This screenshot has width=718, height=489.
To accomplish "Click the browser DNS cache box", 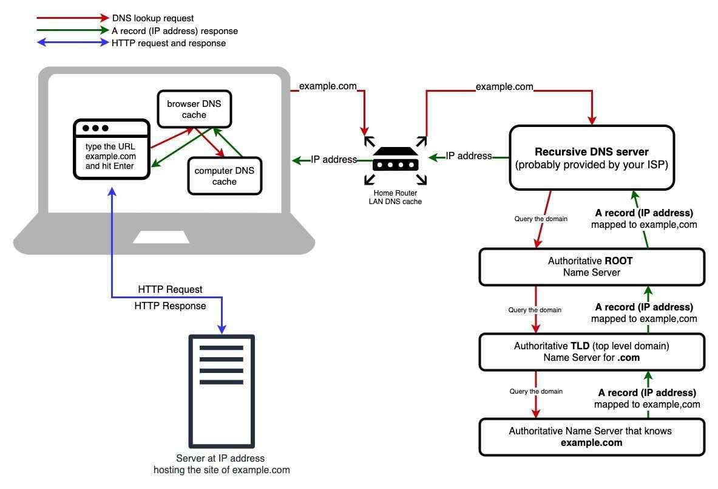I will tap(194, 109).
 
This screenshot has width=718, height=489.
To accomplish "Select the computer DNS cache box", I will tap(225, 176).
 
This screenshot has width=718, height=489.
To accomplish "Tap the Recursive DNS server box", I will tap(591, 158).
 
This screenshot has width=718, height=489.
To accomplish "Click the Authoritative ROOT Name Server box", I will tap(591, 267).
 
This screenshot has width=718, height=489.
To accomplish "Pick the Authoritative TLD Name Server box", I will tap(591, 352).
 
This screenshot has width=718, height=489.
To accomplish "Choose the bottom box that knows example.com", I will tap(591, 437).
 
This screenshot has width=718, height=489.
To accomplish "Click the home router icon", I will tap(395, 159).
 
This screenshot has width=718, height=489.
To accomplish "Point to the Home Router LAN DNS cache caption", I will tap(395, 197).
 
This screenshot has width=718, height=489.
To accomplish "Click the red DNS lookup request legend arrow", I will tap(72, 18).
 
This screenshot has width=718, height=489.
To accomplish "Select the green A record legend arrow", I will tap(72, 30).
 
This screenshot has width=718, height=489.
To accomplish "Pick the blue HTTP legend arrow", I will tap(72, 43).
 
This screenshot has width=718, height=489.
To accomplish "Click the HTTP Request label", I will tap(170, 289).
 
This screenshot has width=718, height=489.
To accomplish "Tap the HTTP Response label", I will tap(170, 306).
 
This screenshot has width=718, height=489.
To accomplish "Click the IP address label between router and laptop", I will tap(334, 160).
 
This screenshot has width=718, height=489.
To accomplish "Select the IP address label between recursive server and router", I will tap(469, 156).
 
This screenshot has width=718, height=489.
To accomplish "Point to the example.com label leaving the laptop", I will tap(328, 86).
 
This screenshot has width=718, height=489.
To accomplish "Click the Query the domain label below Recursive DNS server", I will tap(541, 219).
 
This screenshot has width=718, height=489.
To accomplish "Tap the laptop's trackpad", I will tap(161, 237).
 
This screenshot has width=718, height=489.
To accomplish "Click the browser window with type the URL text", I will tap(111, 149).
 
